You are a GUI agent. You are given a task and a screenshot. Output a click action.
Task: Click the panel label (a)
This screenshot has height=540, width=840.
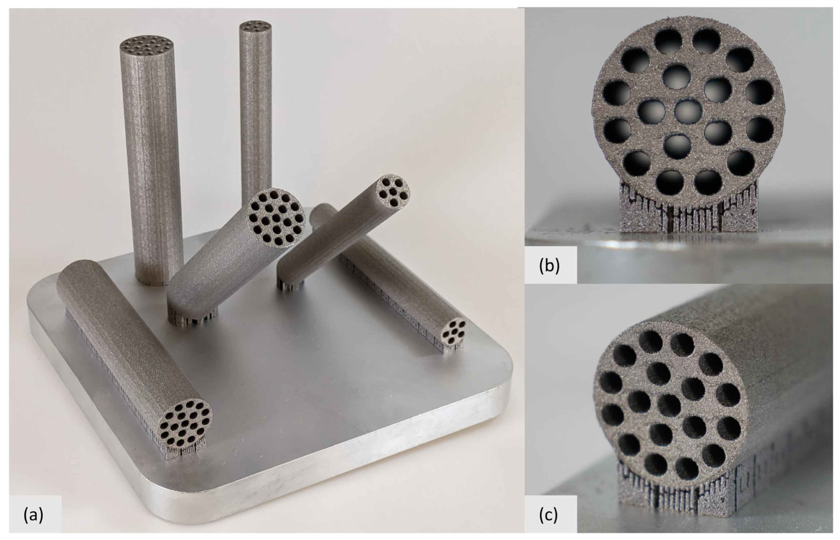[34, 515]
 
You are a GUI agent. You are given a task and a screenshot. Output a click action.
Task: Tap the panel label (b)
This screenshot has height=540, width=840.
[549, 266]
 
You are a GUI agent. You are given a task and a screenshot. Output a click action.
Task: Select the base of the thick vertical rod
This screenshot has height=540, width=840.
[158, 281]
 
